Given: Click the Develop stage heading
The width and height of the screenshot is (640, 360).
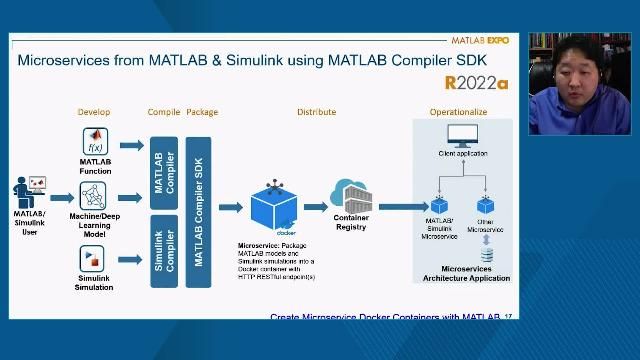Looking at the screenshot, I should pos(96,112).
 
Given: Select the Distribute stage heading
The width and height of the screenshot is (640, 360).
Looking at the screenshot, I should pos(316,112).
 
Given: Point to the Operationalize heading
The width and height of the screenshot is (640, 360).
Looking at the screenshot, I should pos(458,112).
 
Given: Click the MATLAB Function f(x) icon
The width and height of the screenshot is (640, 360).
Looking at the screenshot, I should pos(96,140).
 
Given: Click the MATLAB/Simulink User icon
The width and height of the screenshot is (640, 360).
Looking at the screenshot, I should pos(29,189).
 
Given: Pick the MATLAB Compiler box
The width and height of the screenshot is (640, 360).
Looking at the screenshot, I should pos(163,173).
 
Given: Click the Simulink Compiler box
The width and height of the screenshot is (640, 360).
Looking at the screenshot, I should pos(163,249).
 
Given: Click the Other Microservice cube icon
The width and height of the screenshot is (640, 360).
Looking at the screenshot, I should pos(486,206).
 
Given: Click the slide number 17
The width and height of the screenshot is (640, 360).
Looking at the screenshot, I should pos(508,317).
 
